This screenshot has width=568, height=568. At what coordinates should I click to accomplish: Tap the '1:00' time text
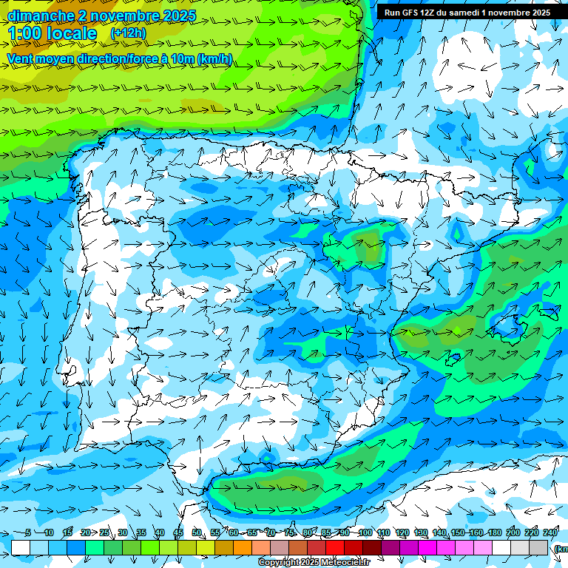click(24, 33)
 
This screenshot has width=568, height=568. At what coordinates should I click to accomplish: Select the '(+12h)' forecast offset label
click(128, 33)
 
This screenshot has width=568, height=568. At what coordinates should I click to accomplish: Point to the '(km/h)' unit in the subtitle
click(215, 58)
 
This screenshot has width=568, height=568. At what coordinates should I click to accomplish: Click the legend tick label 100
click(365, 532)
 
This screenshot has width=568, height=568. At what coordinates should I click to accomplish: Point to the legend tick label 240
click(550, 532)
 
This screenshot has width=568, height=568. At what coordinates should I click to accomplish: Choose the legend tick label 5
click(28, 532)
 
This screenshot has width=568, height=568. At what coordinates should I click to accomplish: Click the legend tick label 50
click(197, 532)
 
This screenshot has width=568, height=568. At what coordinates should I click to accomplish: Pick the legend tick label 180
click(495, 532)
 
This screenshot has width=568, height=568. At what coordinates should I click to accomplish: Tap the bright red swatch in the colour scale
click(335, 547)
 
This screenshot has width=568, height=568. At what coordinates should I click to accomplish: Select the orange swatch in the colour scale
click(243, 547)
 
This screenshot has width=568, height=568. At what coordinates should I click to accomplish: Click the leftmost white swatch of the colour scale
click(21, 547)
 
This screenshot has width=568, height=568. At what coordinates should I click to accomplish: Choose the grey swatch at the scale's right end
click(538, 547)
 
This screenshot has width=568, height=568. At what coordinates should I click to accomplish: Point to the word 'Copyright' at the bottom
click(280, 563)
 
